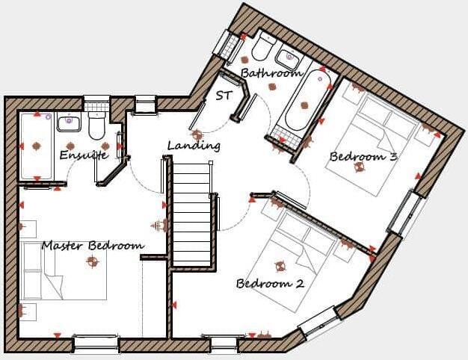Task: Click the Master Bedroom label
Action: (93, 246)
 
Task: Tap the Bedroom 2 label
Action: (270, 284)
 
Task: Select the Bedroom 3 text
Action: (363, 157)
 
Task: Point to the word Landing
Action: (194, 146)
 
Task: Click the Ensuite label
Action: (84, 155)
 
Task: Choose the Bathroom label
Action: (270, 73)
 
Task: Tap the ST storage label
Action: (224, 96)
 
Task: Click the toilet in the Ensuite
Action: (96, 127)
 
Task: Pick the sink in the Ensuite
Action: (70, 121)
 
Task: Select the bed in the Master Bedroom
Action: (63, 271)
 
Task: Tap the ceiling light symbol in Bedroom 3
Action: (360, 167)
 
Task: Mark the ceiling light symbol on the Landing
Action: (197, 135)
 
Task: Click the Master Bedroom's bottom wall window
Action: (95, 343)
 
